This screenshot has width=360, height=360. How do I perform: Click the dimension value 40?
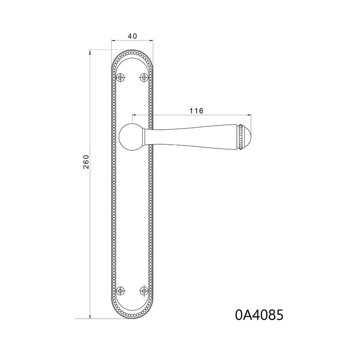click(132, 36)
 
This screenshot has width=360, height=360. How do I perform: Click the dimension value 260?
click(86, 162)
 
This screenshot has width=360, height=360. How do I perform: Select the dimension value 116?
click(196, 111)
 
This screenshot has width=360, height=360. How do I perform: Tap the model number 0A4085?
click(259, 315)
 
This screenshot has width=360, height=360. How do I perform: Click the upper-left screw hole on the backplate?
click(121, 77)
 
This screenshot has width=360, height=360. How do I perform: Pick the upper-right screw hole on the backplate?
click(144, 77)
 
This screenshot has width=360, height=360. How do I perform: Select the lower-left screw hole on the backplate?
click(121, 291)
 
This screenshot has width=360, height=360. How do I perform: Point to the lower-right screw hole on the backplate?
click(144, 291)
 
